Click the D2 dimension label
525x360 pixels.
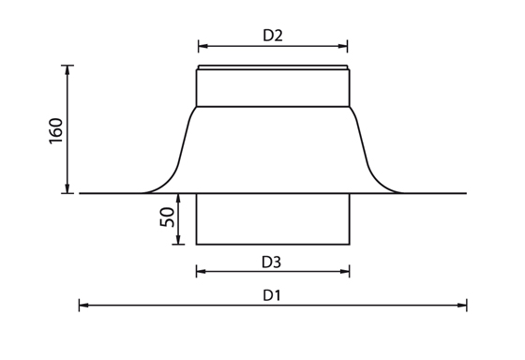273,36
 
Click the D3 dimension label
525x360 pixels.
271,262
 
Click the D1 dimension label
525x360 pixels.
272,295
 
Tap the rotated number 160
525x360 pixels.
56,131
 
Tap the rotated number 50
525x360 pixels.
168,217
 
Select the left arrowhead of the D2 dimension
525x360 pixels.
202,46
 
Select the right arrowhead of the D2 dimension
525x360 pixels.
343,46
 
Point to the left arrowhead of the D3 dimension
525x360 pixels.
201,271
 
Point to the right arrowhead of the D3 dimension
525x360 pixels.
345,271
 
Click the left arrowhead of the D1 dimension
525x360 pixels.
83,305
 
